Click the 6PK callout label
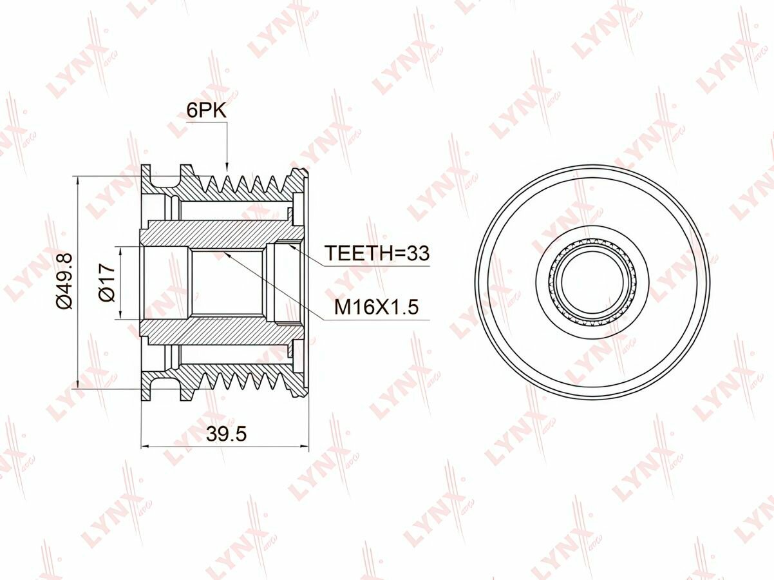coord(206,111)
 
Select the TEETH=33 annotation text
coord(377,253)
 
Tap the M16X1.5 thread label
coord(376,307)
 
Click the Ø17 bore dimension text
coord(108,282)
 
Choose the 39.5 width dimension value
coord(227,434)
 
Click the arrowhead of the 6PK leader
coord(227,169)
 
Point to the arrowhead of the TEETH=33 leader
coord(291,245)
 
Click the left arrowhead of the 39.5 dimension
coord(146,447)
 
